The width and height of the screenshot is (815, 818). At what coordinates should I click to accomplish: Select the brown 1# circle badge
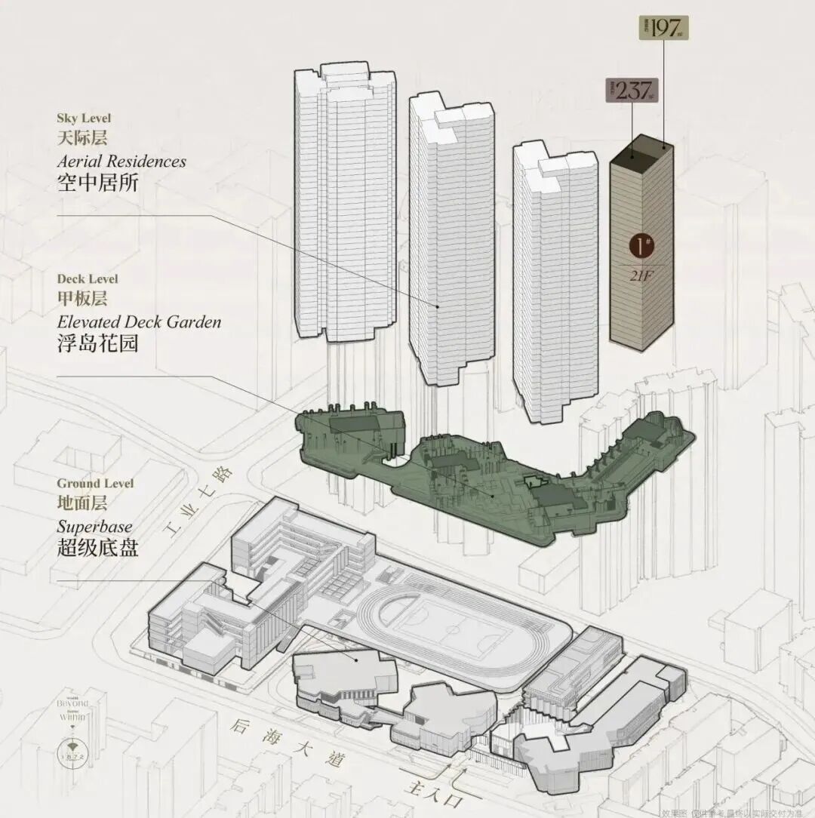(641, 247)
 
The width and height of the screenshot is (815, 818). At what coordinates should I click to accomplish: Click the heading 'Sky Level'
(84, 118)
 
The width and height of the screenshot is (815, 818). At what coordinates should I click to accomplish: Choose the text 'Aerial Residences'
(121, 161)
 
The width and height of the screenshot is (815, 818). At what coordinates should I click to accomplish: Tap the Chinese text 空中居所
(97, 183)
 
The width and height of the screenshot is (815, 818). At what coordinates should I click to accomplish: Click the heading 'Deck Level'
(87, 278)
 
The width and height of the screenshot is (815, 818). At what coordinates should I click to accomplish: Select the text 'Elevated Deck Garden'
(140, 321)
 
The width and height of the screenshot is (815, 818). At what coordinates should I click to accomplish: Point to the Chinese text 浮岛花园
(97, 343)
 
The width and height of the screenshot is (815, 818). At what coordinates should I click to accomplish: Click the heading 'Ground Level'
(95, 483)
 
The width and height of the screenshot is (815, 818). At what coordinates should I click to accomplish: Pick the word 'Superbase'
(94, 527)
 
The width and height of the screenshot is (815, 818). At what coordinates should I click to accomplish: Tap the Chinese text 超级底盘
(97, 548)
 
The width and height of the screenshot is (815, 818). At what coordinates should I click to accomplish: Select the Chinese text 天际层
(82, 139)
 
